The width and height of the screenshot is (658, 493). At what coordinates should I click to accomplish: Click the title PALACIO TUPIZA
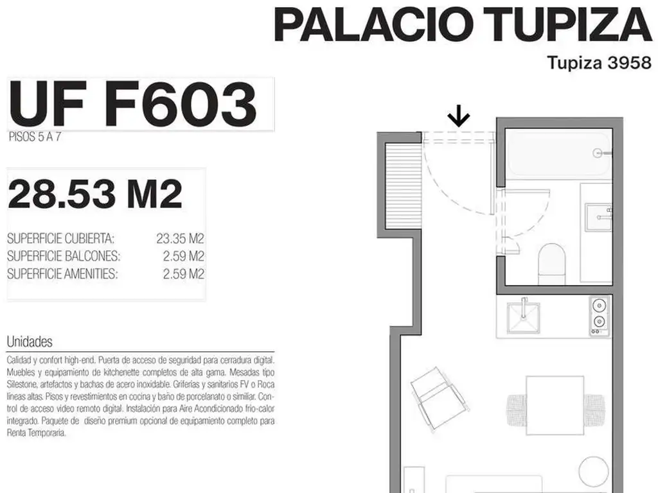[x=463, y=25]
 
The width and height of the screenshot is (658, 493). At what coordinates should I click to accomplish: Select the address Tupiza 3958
[x=600, y=63]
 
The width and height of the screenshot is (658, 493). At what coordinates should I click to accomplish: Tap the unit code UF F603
[x=132, y=104]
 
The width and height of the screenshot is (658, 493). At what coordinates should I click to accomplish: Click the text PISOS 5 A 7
[x=35, y=137]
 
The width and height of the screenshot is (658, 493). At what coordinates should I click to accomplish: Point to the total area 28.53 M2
[x=95, y=194]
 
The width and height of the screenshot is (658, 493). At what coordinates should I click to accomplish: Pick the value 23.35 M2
[x=180, y=239]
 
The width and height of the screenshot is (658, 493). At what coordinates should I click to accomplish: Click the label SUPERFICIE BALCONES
[x=64, y=256]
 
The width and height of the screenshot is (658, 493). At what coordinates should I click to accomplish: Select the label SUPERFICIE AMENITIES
[x=62, y=274]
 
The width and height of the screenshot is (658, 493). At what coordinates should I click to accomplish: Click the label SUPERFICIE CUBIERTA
[x=60, y=239]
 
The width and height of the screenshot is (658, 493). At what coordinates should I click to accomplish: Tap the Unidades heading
[x=30, y=342]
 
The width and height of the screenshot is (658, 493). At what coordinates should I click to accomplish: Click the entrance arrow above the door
[x=458, y=116]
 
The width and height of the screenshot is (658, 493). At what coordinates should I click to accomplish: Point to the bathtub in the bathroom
[x=559, y=154]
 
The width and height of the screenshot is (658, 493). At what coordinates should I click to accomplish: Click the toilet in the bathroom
[x=552, y=264]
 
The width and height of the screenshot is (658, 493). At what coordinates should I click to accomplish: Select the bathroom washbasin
[x=599, y=217]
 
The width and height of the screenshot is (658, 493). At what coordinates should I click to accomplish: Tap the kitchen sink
[x=523, y=316]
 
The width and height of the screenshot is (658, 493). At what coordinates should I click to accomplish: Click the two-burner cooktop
[x=599, y=316]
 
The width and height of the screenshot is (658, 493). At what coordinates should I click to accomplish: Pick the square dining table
[x=555, y=406]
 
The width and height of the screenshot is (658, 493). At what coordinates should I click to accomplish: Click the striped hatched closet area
[x=403, y=186]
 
